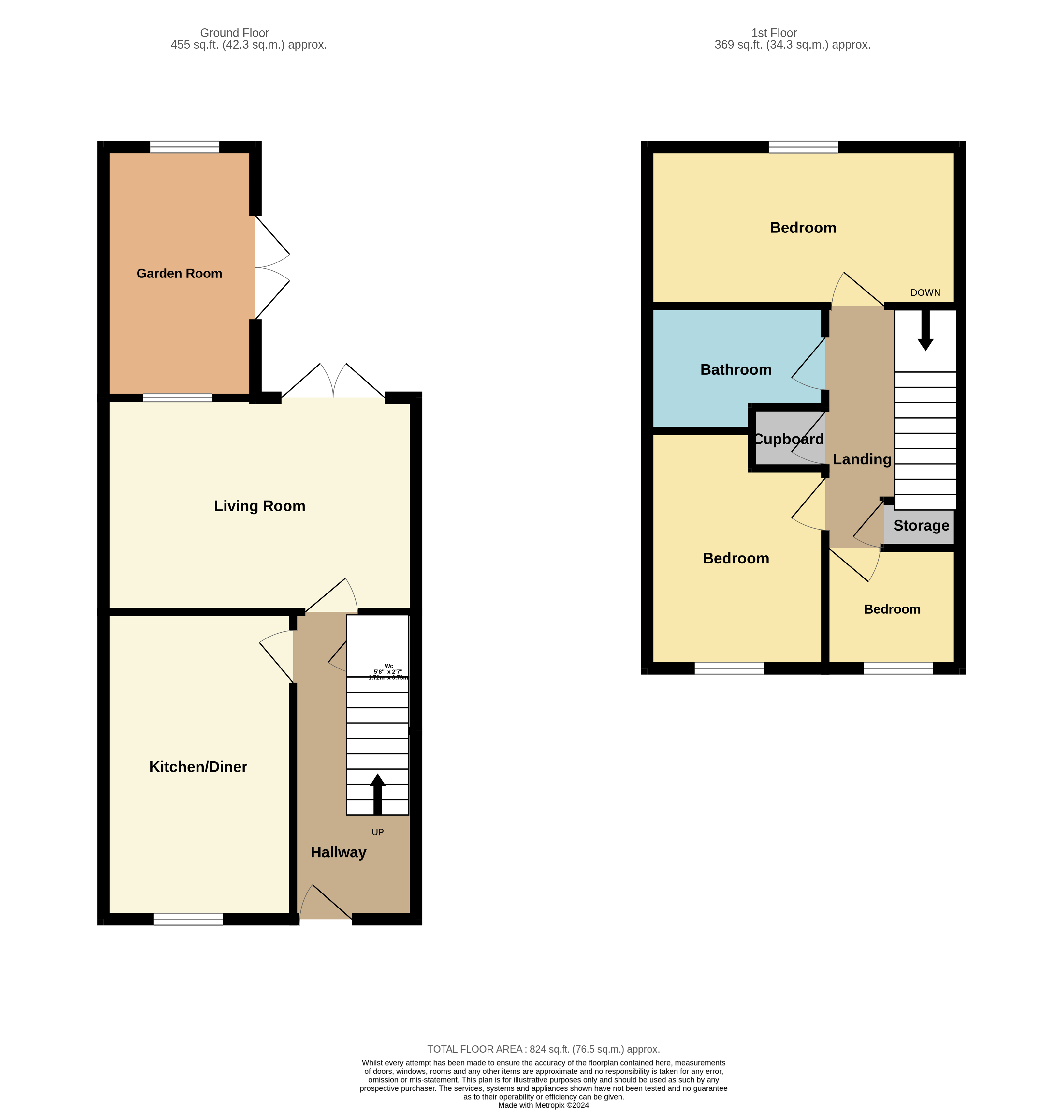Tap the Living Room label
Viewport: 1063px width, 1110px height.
click(259, 506)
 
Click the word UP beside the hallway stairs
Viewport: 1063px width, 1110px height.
click(378, 832)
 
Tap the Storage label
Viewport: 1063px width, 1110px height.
click(921, 526)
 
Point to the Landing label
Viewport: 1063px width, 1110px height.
click(862, 459)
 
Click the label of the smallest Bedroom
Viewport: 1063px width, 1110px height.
click(892, 609)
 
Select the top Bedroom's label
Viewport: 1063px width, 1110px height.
click(803, 228)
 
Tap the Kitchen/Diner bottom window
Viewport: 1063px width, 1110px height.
click(188, 919)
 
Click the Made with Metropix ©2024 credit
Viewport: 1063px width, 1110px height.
click(543, 1105)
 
